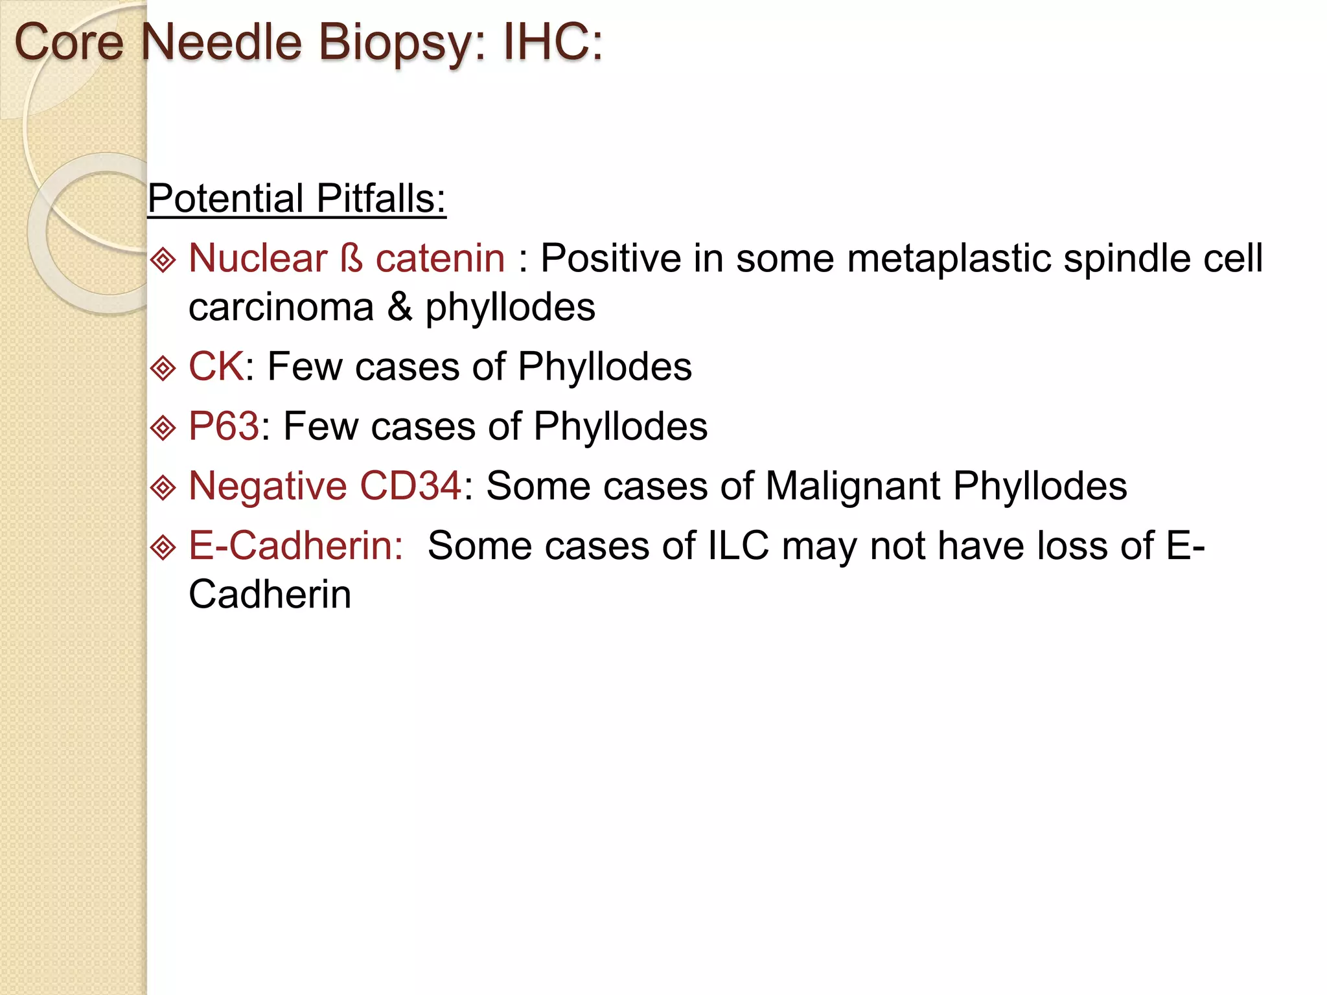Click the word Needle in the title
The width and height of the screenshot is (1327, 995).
222,43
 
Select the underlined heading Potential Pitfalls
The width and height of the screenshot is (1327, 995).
297,198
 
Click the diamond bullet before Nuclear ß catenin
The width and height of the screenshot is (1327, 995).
163,260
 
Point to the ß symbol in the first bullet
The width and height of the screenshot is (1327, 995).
351,258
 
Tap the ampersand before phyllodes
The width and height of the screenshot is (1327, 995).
400,306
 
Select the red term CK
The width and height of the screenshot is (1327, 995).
216,367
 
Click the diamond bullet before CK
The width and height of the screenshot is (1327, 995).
163,368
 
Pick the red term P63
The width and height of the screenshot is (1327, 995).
224,426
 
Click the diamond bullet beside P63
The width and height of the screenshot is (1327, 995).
163,428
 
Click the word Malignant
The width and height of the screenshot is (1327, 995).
853,486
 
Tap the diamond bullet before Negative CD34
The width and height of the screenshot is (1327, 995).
163,487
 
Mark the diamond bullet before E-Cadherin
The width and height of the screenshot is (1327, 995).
163,547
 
